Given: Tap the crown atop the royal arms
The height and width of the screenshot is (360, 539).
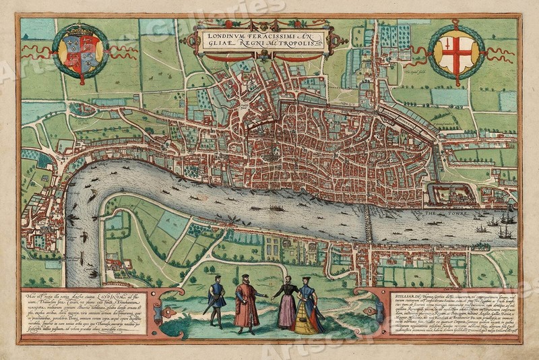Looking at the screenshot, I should click(x=80, y=30).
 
